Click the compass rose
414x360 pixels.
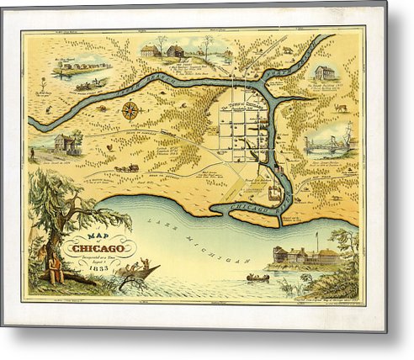point(130,109)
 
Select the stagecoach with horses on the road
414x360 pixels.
point(129,167)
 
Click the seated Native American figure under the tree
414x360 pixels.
point(56,269)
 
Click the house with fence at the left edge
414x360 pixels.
point(65,145)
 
